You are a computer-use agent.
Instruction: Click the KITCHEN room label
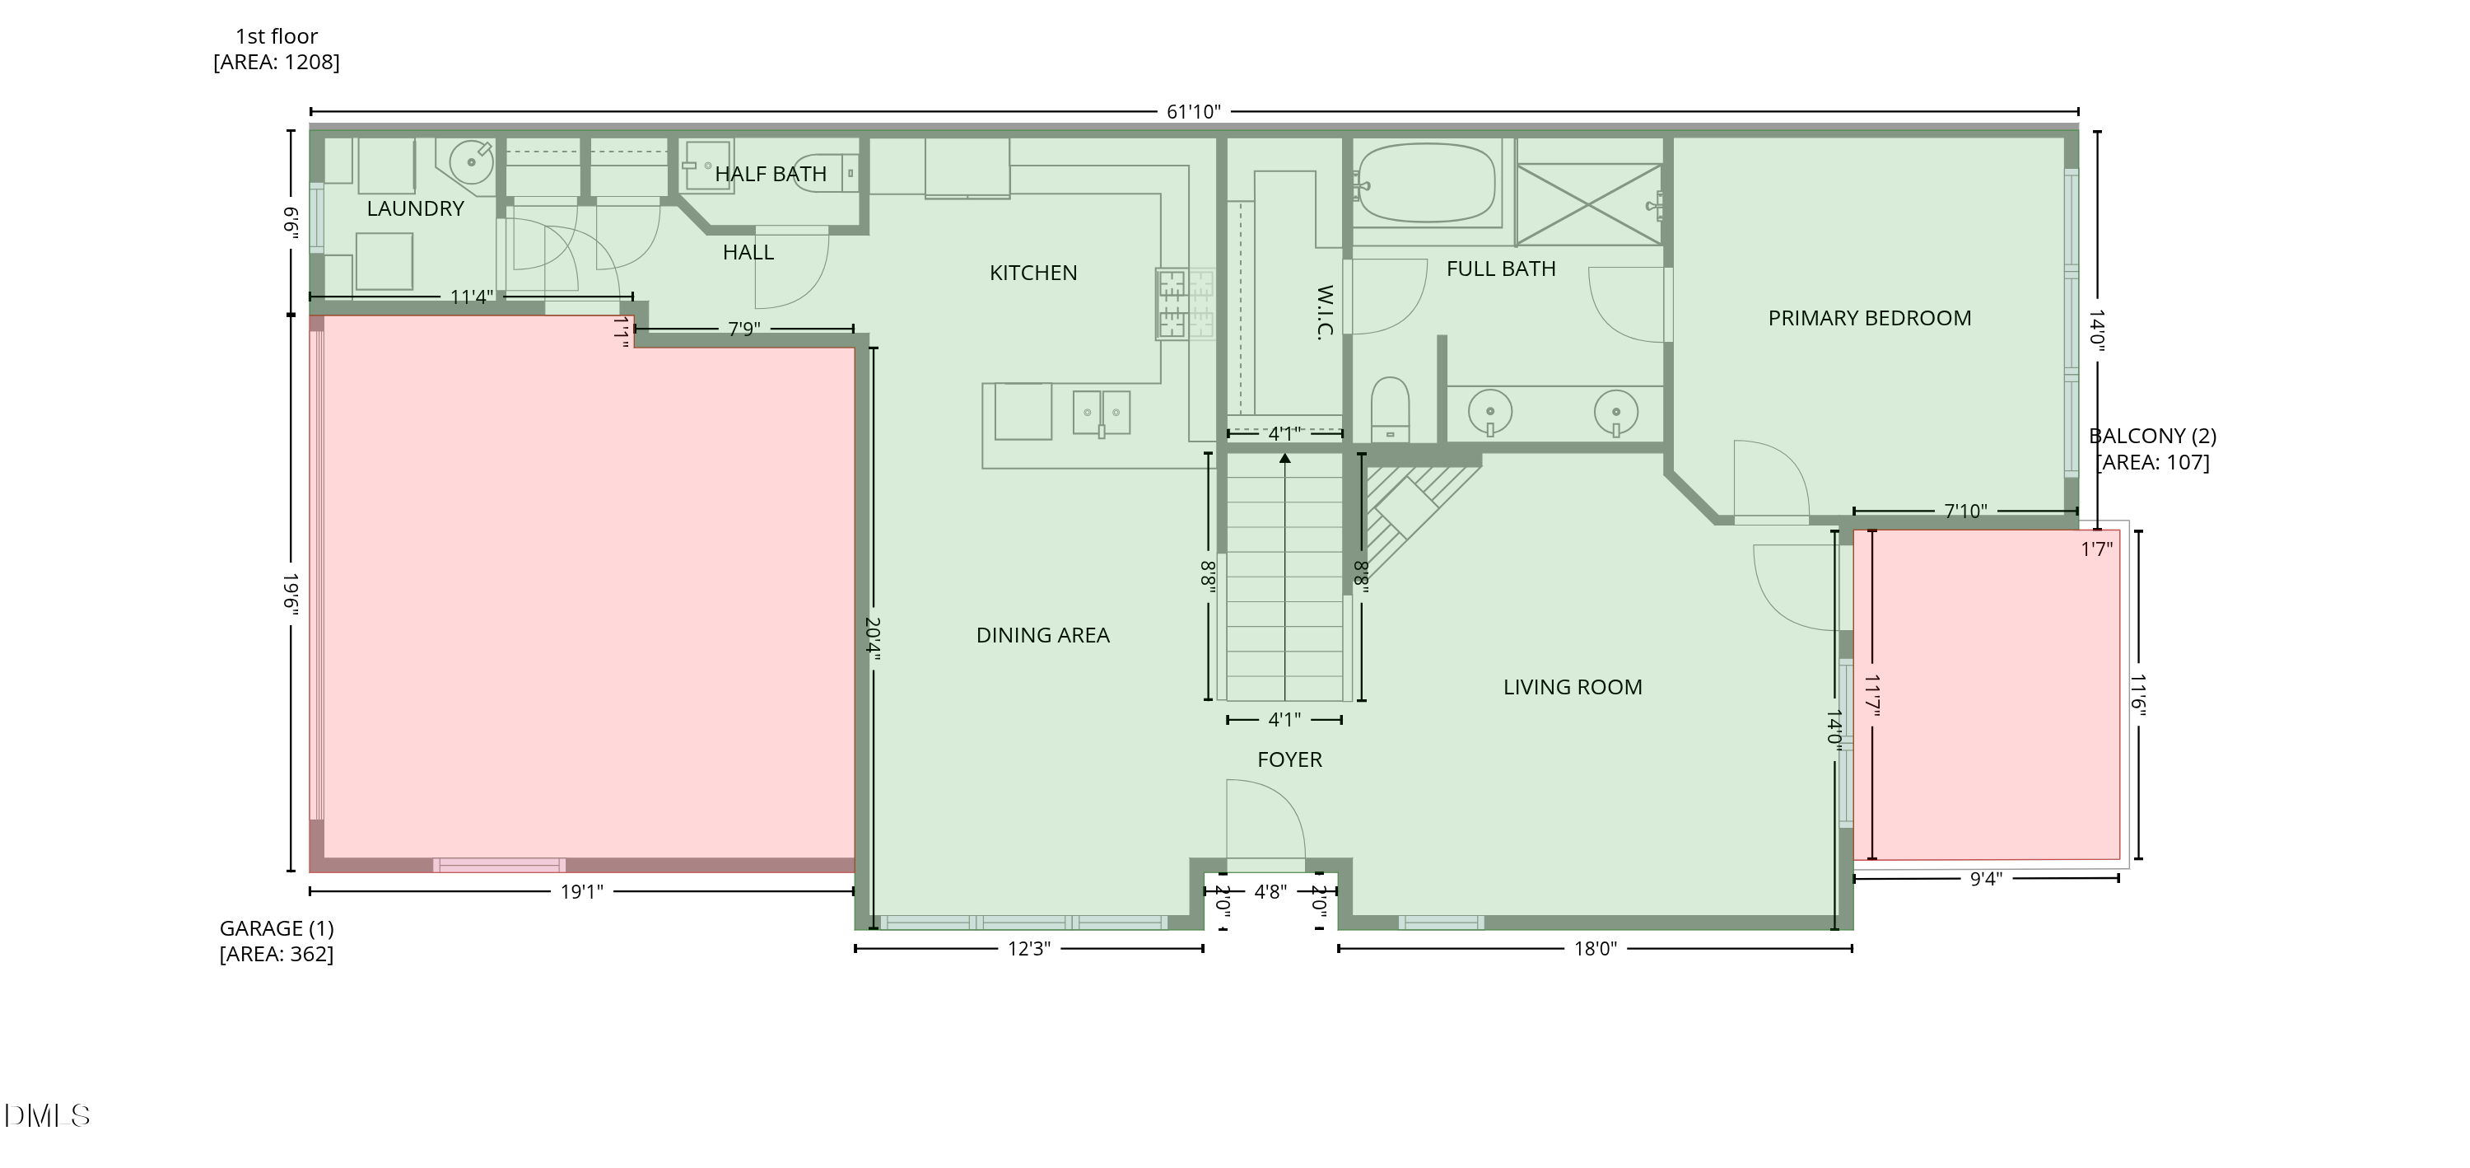(1032, 273)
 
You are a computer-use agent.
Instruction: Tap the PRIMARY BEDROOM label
(1869, 319)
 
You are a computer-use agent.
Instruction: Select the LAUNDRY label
(415, 209)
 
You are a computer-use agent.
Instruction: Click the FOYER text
(1289, 759)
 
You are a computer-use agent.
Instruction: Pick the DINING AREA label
(1042, 636)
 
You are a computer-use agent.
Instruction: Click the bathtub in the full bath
(1427, 183)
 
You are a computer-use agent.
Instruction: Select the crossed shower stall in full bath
(1589, 204)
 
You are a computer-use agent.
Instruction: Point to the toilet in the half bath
(825, 173)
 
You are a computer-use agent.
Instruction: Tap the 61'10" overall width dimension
(1193, 112)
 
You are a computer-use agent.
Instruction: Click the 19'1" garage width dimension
(581, 892)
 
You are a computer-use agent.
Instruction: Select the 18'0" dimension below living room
(1595, 950)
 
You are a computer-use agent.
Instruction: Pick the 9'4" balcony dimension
(1986, 878)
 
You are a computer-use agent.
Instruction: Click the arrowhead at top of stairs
(1285, 458)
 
